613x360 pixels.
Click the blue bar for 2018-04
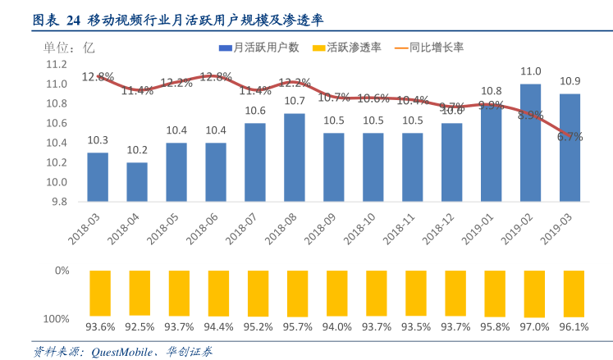[x=137, y=181]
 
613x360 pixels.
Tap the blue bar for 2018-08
[x=295, y=157]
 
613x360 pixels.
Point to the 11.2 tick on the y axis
[x=57, y=64]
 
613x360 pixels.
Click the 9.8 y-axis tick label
[x=59, y=202]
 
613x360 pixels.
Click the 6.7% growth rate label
[x=570, y=137]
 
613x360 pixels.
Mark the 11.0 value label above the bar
[x=530, y=71]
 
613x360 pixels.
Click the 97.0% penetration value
[x=531, y=327]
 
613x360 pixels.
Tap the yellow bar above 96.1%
[x=570, y=293]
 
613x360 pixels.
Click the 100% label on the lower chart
[x=57, y=318]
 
